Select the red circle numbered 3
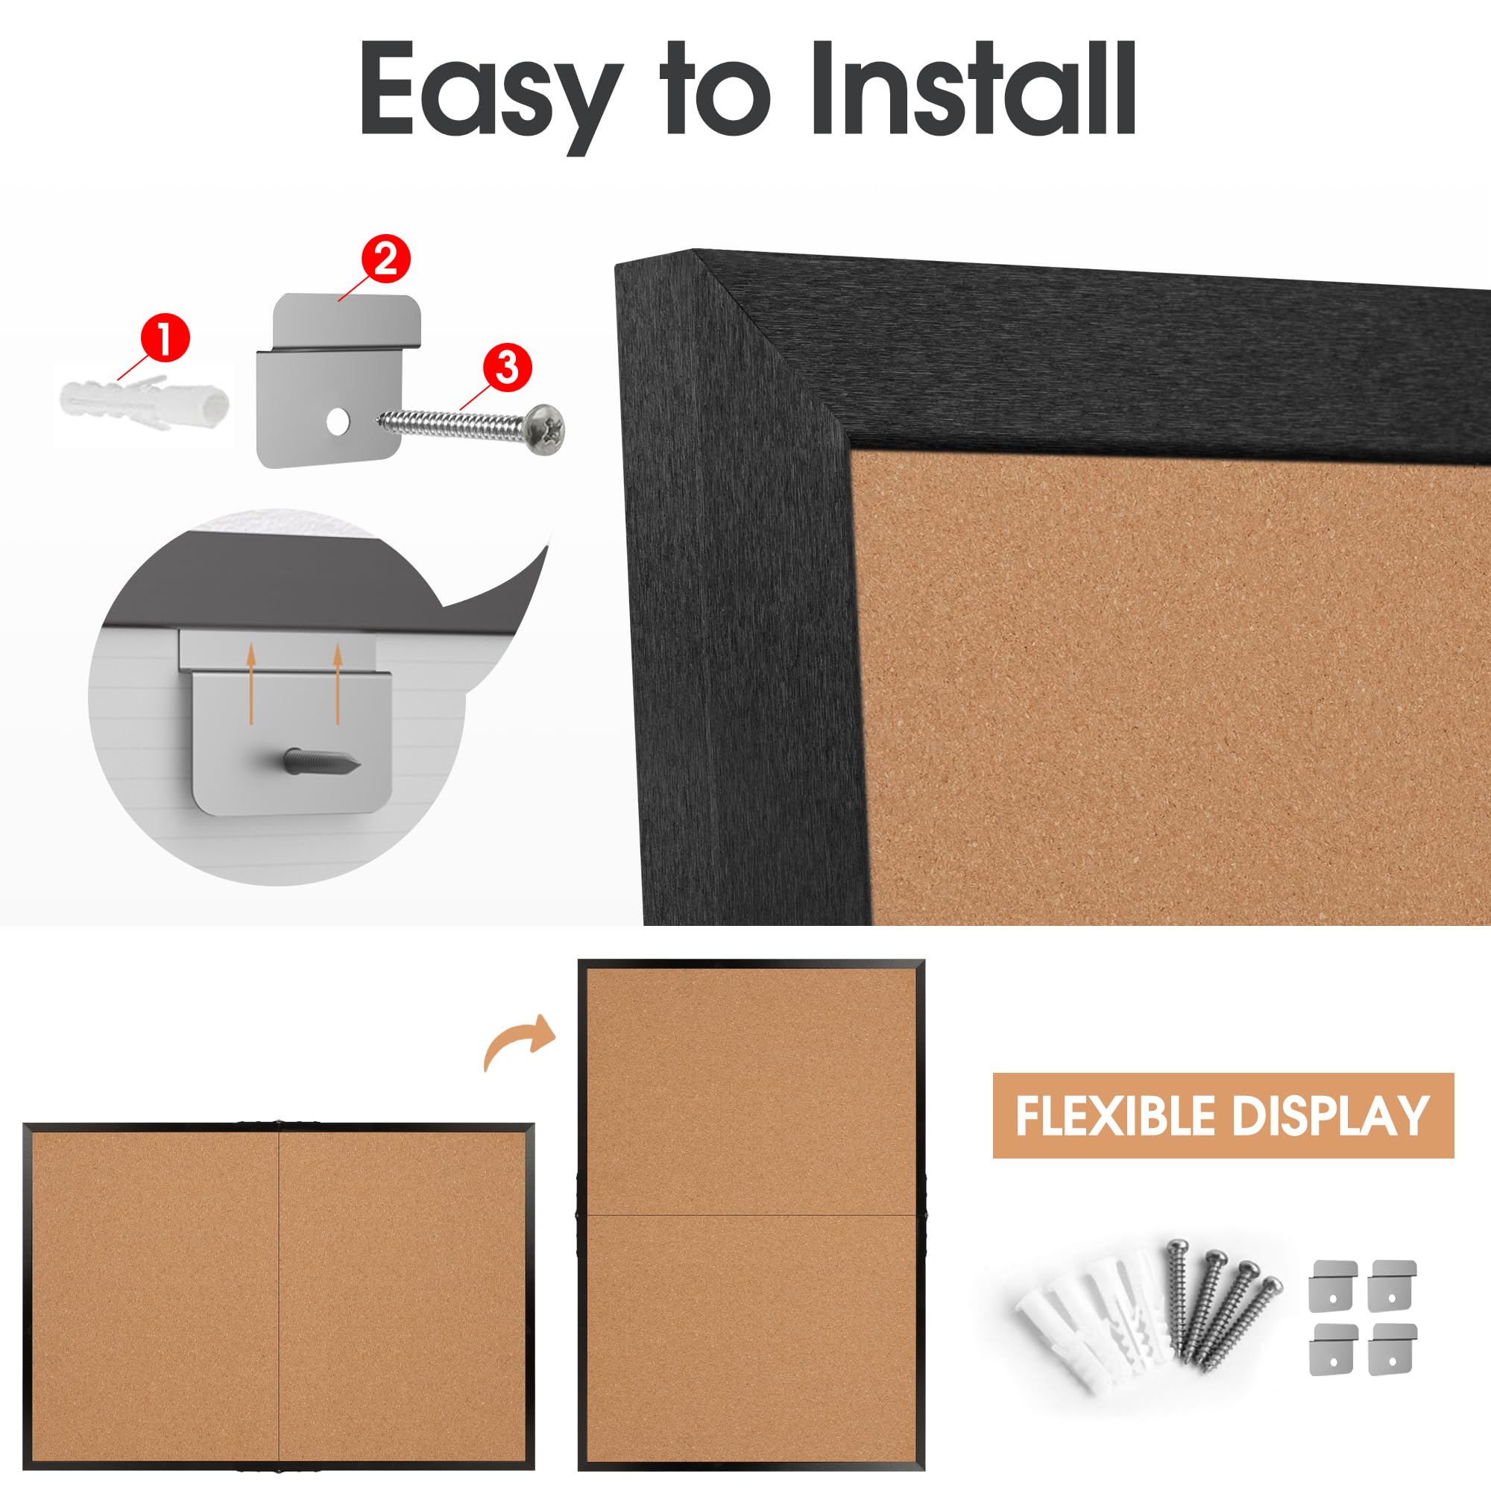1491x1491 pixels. (x=507, y=368)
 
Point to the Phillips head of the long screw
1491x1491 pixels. (x=550, y=426)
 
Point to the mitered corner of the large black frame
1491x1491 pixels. (x=772, y=363)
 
